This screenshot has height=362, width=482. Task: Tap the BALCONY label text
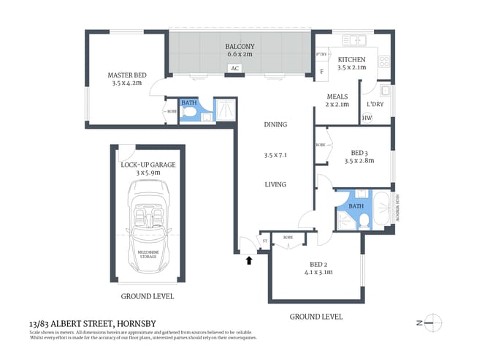click(240, 45)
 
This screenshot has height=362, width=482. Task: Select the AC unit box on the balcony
click(234, 69)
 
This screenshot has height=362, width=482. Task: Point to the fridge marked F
click(322, 71)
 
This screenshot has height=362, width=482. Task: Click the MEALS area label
click(337, 97)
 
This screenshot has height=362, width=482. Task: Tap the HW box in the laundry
click(367, 118)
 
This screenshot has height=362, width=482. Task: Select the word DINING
click(275, 124)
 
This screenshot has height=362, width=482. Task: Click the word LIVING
click(275, 184)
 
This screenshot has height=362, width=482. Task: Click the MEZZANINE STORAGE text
click(148, 253)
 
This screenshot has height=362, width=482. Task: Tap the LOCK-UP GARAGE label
click(148, 165)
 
